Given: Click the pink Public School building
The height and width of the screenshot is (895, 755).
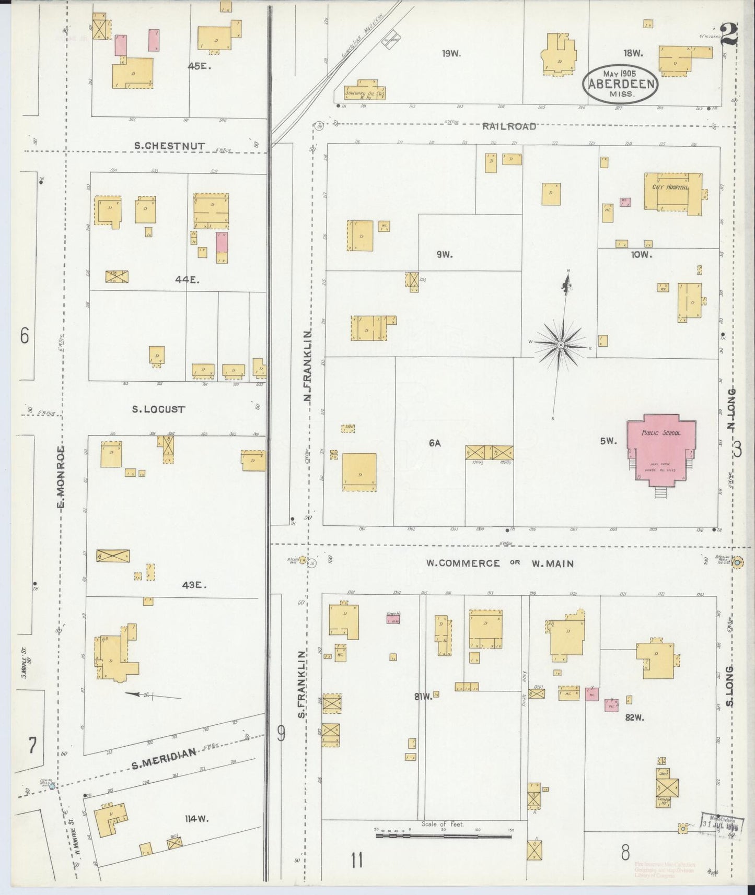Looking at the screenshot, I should tap(661, 449).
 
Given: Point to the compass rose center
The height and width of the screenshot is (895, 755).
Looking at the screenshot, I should tap(560, 345).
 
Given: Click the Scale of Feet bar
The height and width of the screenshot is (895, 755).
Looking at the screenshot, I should tap(443, 836).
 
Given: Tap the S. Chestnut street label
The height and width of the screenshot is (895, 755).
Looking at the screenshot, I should tap(169, 146).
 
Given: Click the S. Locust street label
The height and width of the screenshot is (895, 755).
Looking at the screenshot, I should tap(158, 409).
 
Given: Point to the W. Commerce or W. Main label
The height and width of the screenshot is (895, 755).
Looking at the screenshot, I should tap(500, 563).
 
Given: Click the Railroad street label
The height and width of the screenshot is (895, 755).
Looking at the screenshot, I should tap(509, 126).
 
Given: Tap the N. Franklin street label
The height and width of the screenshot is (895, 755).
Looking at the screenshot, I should tap(308, 366).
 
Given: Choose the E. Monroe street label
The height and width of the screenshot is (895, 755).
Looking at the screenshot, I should tap(61, 477).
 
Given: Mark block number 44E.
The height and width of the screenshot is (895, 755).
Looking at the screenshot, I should tap(188, 280).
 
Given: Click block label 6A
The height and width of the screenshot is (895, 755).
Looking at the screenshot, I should tap(435, 443).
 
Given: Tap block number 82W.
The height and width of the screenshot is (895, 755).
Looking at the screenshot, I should tap(634, 717).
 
